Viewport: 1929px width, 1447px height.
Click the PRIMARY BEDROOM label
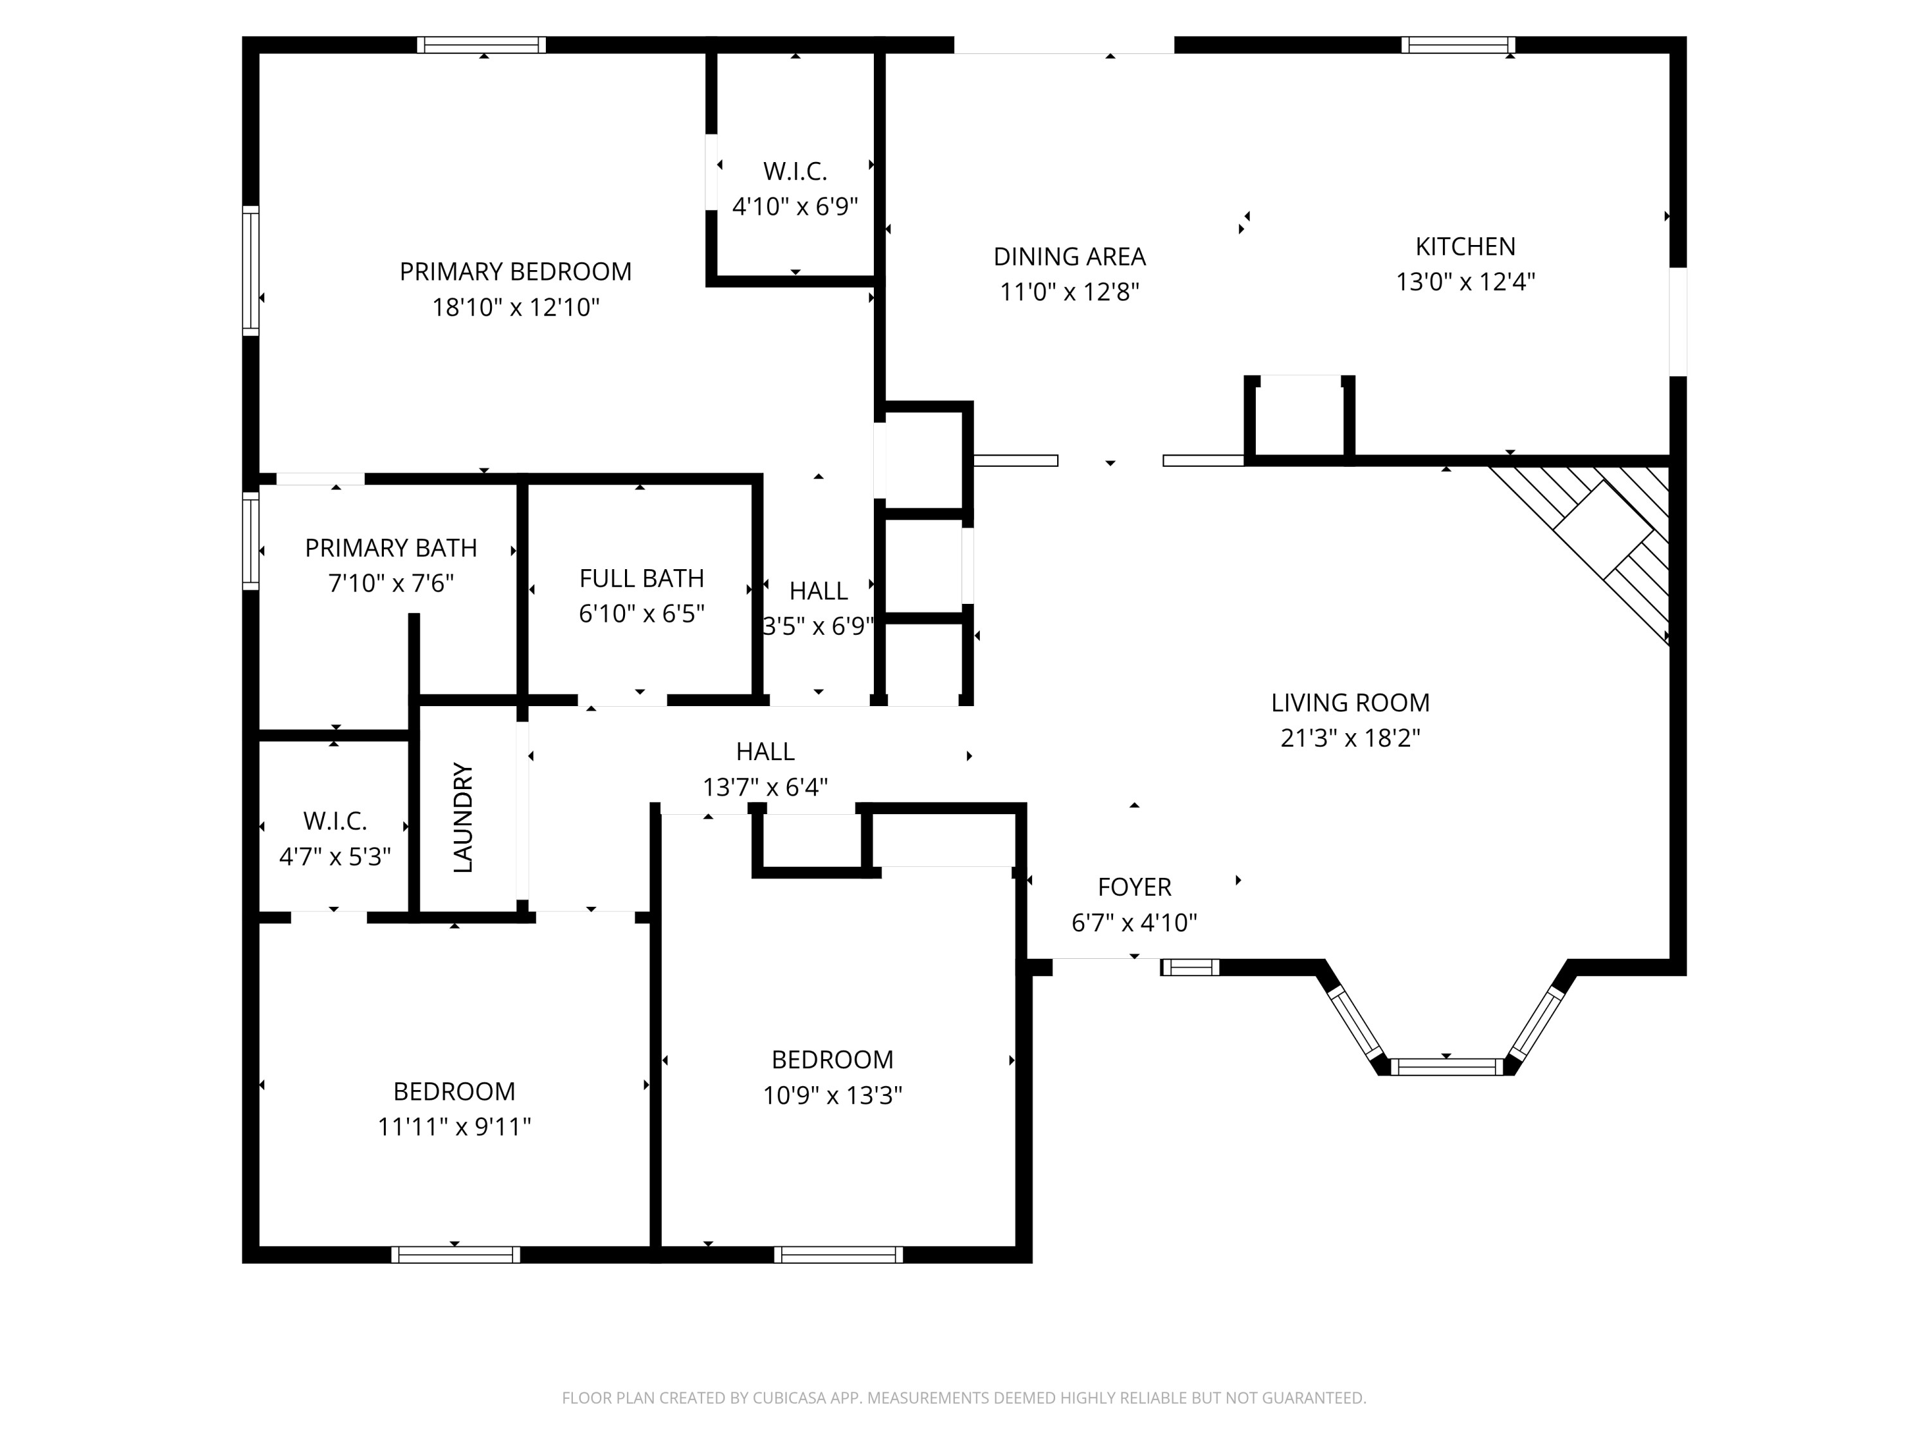pos(516,271)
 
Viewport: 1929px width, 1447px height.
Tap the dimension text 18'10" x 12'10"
pos(516,307)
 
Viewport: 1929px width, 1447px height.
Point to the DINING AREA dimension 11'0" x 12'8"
pos(1069,291)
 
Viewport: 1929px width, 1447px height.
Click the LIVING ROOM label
pos(1350,702)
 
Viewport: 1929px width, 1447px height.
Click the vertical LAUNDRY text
pos(463,817)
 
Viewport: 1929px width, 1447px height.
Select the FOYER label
pos(1134,886)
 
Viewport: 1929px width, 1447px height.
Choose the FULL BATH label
pos(641,578)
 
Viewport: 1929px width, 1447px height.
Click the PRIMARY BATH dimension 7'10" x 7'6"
pos(391,583)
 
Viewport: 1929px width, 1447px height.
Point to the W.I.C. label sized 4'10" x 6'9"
pos(795,171)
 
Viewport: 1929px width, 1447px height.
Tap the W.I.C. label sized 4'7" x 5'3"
pos(335,820)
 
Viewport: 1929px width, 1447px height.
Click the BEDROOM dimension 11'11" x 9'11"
pos(453,1127)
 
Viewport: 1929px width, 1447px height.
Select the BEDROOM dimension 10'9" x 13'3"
pos(832,1095)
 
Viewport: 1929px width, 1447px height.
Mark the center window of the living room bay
pos(1446,1066)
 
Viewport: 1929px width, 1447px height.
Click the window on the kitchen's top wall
pos(1458,44)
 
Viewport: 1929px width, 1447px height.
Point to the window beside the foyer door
pos(1190,967)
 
